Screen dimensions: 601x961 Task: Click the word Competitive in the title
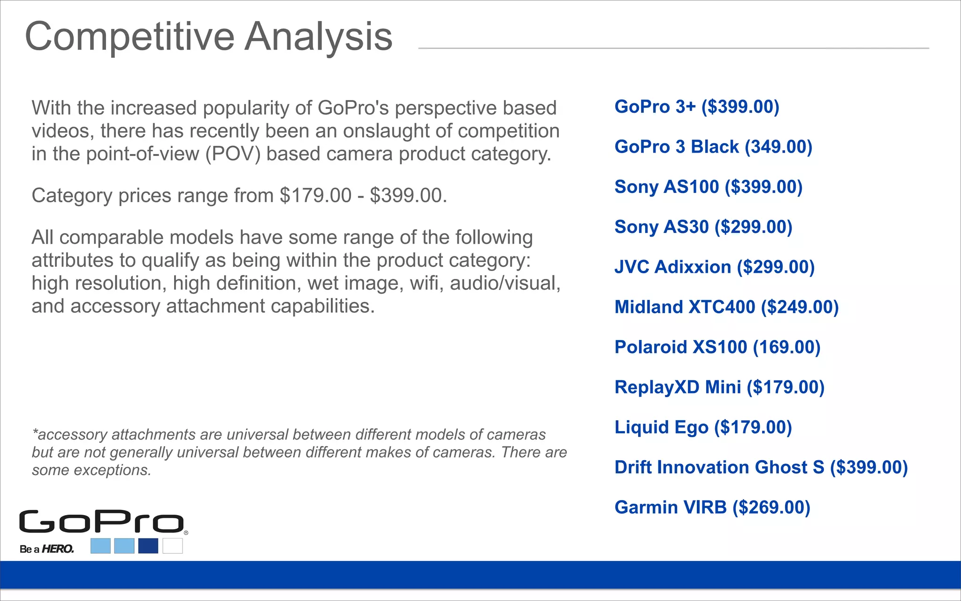pos(130,37)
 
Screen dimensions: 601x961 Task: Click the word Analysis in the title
pos(319,37)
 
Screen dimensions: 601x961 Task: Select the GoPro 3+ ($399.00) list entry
pos(697,107)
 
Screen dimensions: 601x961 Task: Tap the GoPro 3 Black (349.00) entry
pos(713,147)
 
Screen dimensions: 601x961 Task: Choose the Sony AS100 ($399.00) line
pos(709,187)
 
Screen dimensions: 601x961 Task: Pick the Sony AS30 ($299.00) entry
pos(703,227)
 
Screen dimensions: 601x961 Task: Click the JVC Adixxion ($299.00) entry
pos(714,267)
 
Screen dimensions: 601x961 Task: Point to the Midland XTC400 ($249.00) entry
pos(726,307)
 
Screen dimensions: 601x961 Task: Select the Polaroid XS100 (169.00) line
pos(717,347)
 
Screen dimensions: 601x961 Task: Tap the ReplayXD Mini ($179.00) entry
pos(719,387)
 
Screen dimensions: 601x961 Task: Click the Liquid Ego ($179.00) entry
pos(703,427)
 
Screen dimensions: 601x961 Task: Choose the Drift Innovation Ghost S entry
pos(761,467)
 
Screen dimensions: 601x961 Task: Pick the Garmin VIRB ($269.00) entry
pos(712,508)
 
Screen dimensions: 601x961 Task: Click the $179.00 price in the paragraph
pos(315,196)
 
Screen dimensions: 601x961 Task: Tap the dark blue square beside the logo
pos(148,546)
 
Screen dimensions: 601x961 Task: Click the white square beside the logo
pos(173,546)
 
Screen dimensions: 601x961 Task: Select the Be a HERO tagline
pos(47,549)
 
